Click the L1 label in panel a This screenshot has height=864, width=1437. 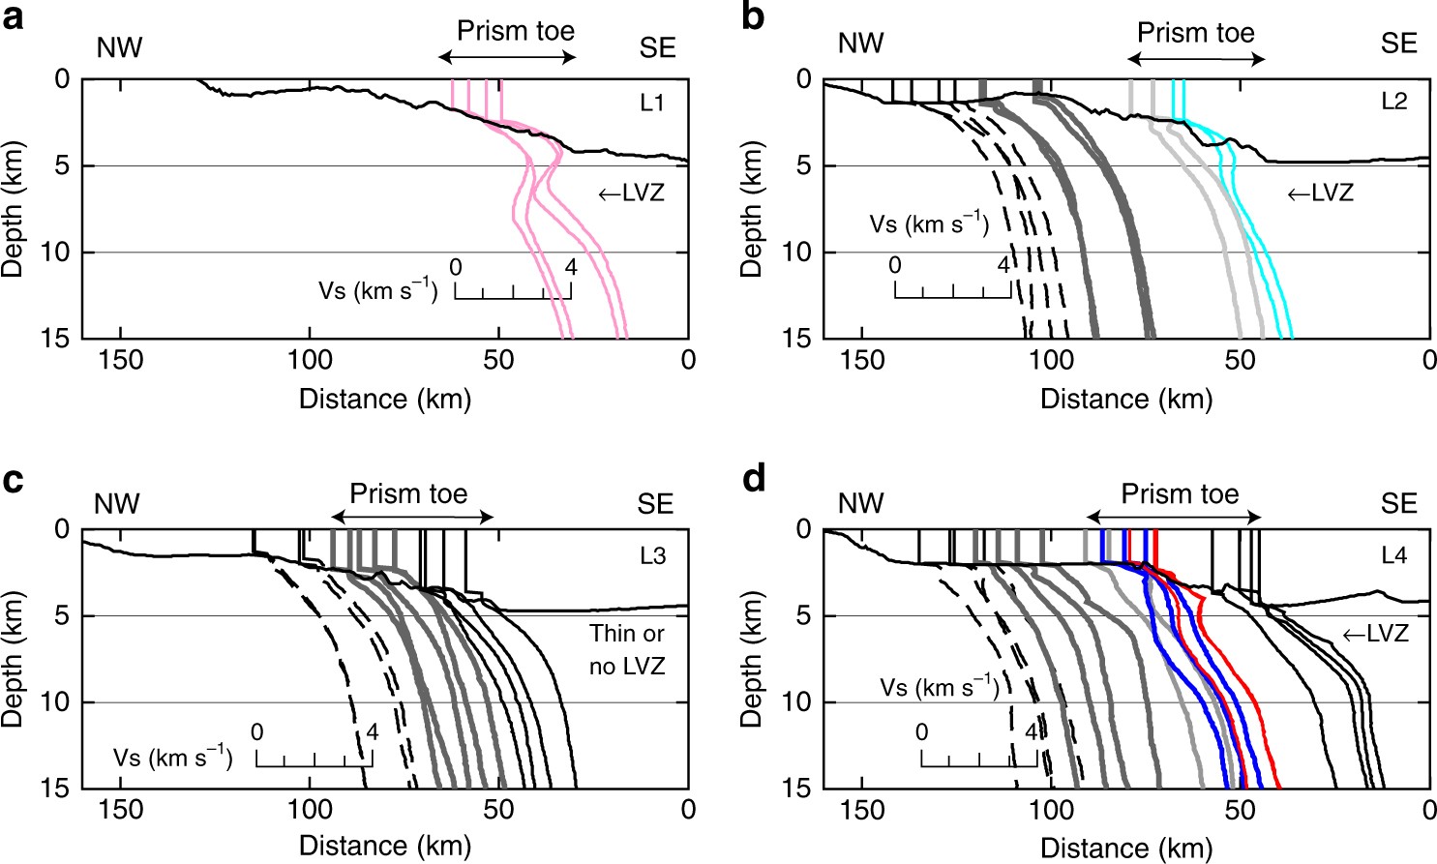[652, 103]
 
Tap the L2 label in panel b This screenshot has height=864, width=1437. [1393, 102]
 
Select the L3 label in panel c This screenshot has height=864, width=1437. [652, 556]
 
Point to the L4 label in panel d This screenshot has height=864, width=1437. [1393, 555]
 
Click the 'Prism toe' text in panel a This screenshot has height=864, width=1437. [515, 31]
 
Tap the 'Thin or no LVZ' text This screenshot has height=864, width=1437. [626, 649]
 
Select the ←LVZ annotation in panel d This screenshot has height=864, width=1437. [1374, 635]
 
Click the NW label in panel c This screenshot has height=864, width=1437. [117, 504]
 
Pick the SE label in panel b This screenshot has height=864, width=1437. [1398, 44]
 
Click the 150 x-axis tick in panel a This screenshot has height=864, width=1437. [121, 361]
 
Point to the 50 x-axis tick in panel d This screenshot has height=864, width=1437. [1240, 810]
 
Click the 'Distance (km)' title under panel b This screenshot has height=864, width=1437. [1126, 399]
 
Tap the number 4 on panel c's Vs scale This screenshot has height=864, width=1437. [372, 732]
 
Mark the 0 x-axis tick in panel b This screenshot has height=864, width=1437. [1428, 361]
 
